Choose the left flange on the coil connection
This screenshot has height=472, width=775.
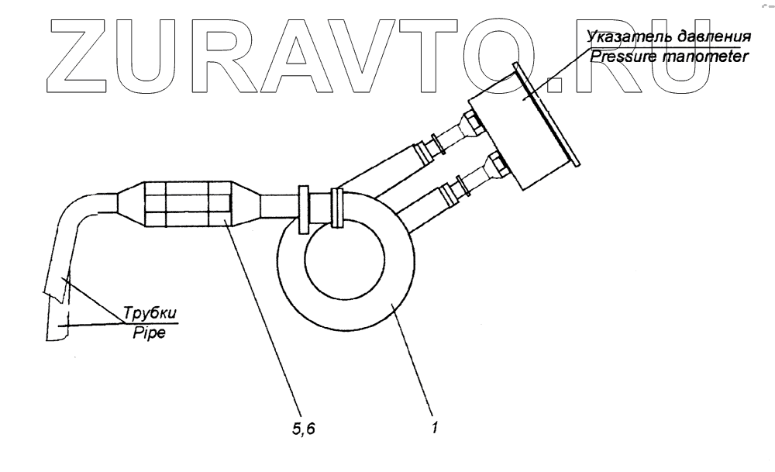303,210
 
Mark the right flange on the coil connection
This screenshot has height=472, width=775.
336,208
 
